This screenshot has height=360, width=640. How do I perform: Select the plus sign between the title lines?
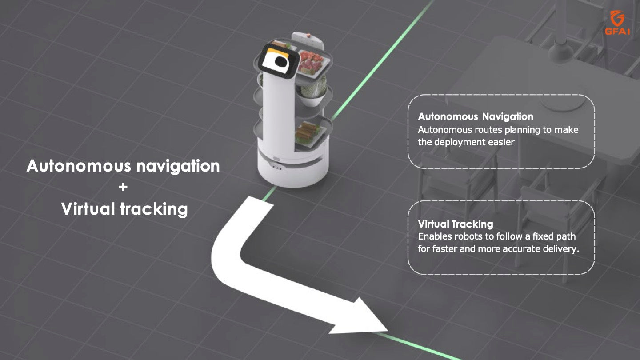tap(123, 187)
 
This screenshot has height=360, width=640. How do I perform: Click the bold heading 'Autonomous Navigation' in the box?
tap(475, 117)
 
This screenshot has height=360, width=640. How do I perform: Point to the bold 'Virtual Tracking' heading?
tap(455, 224)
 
